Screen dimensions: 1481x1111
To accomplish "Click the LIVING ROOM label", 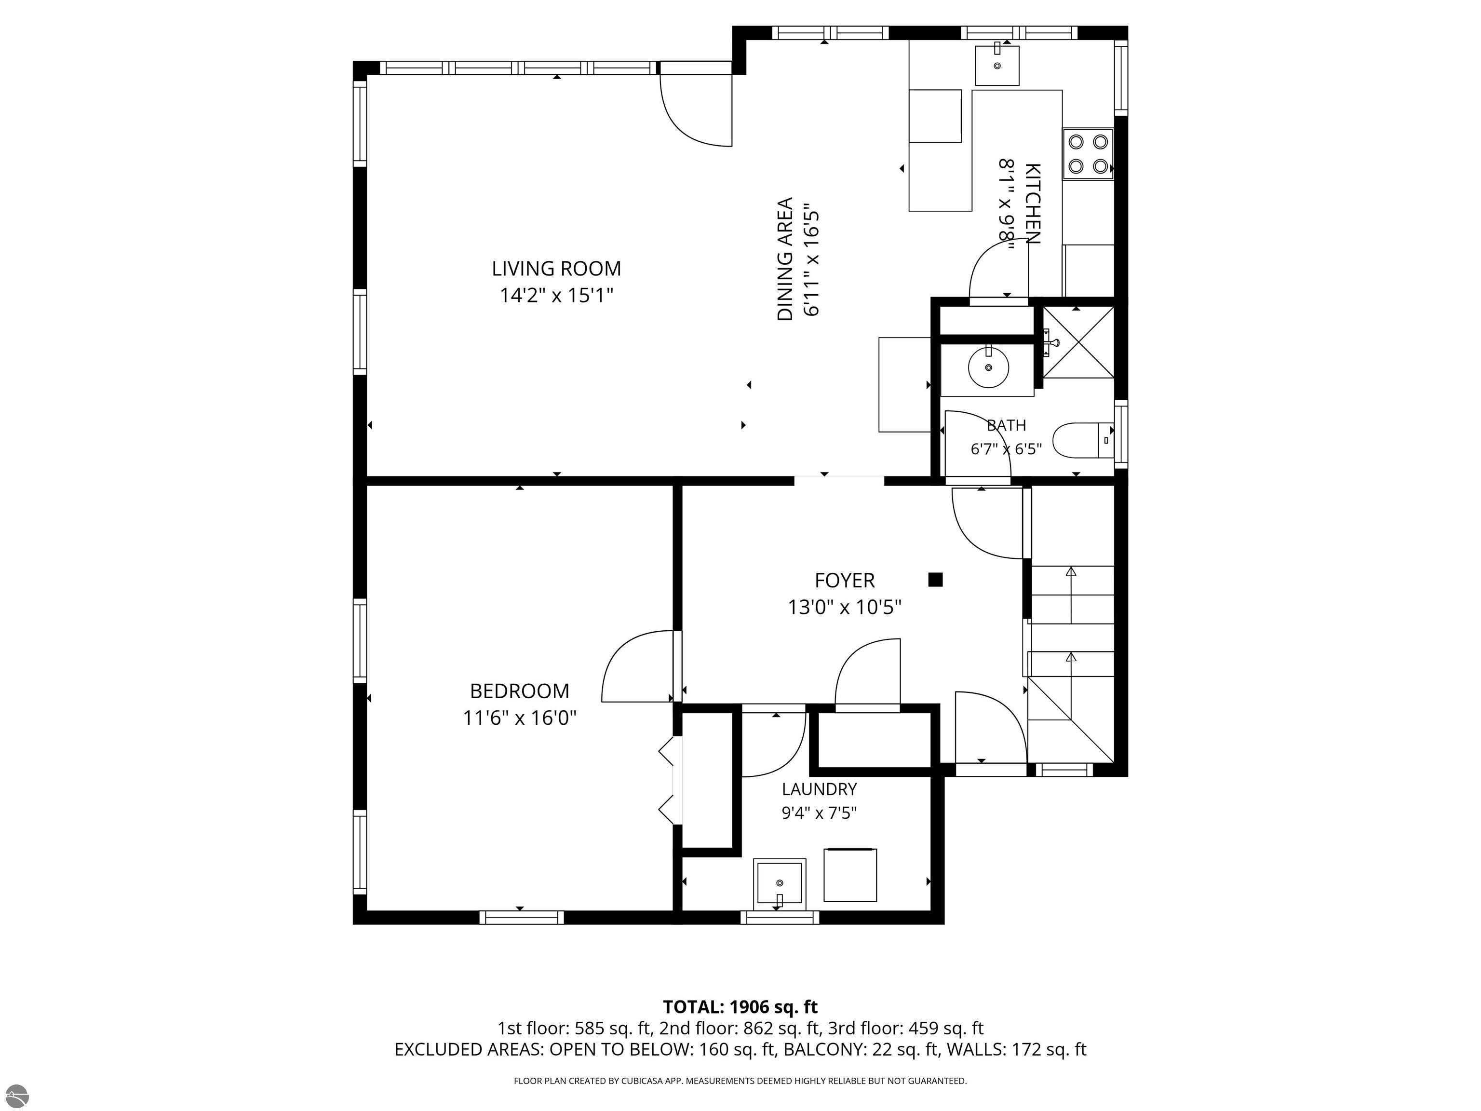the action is (x=556, y=269).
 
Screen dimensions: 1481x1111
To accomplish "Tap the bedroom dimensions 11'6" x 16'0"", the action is (x=520, y=718).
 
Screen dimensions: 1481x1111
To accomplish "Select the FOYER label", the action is (x=844, y=580).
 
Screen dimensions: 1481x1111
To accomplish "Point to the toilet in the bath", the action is (x=1083, y=440).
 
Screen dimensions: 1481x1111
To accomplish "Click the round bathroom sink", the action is (x=988, y=367).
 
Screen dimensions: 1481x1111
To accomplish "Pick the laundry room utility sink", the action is (x=780, y=882).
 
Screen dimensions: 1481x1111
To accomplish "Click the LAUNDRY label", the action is (x=819, y=789).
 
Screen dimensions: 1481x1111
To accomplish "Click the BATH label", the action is (x=1006, y=425).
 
